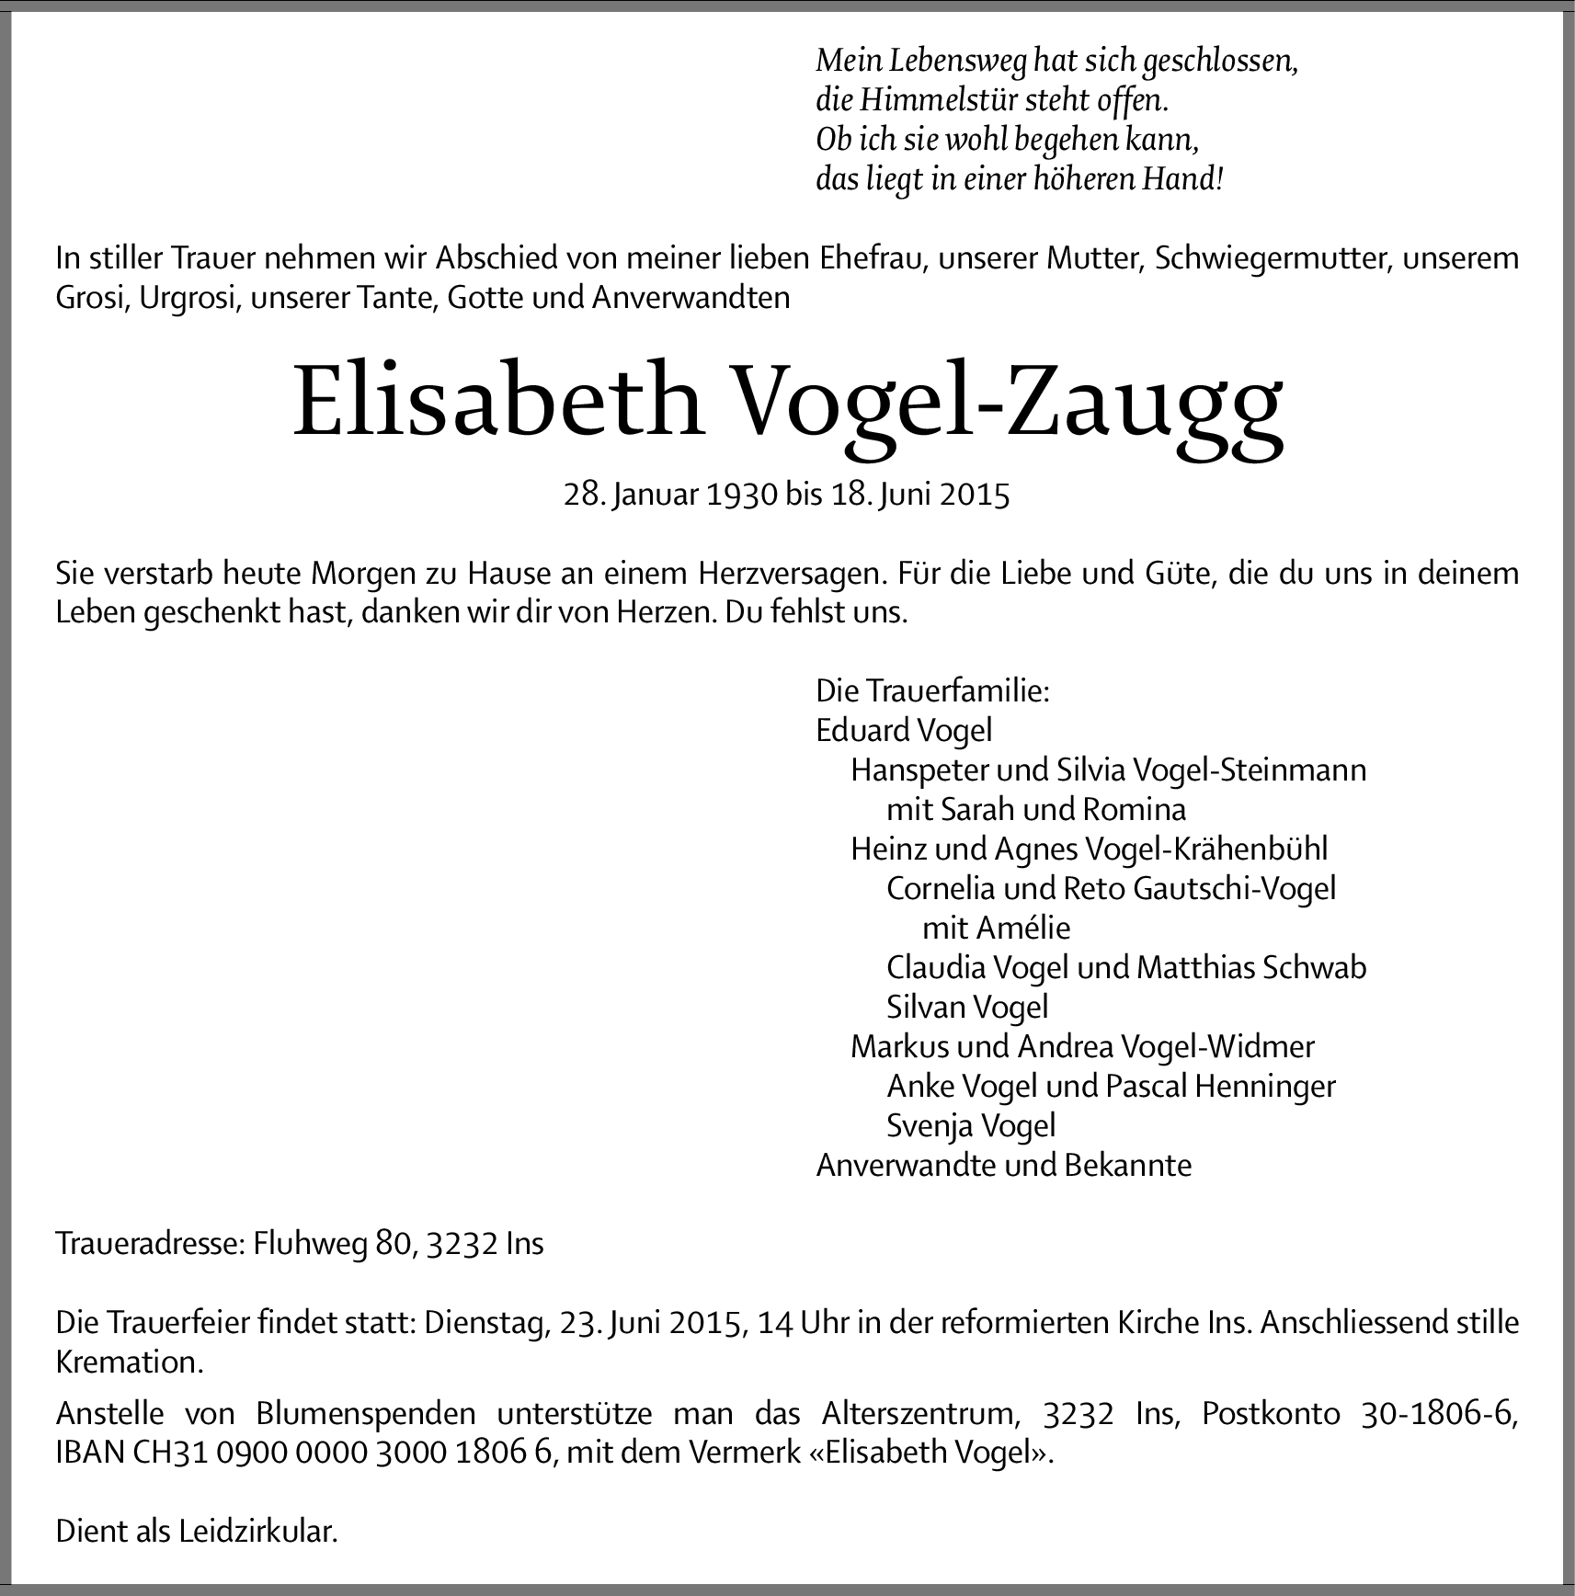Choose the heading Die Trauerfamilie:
(932, 690)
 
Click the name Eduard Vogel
(904, 730)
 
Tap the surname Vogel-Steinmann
(1250, 769)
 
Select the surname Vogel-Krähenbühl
(1206, 849)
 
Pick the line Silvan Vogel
(967, 1007)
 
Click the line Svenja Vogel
(971, 1125)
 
